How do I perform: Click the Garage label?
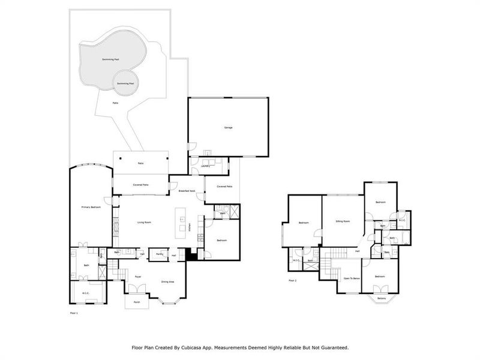(x=228, y=128)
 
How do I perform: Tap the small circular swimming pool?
(x=125, y=82)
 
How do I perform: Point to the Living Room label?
(x=143, y=223)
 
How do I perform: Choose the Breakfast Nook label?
(x=187, y=191)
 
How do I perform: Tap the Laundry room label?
(x=205, y=166)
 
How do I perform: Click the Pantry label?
(x=160, y=254)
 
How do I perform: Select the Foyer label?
(x=138, y=277)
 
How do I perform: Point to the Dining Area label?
(x=167, y=281)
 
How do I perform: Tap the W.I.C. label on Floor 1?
(x=86, y=293)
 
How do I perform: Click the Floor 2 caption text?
(x=293, y=281)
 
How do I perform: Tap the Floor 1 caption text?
(x=74, y=313)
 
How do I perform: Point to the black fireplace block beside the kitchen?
(x=191, y=254)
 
